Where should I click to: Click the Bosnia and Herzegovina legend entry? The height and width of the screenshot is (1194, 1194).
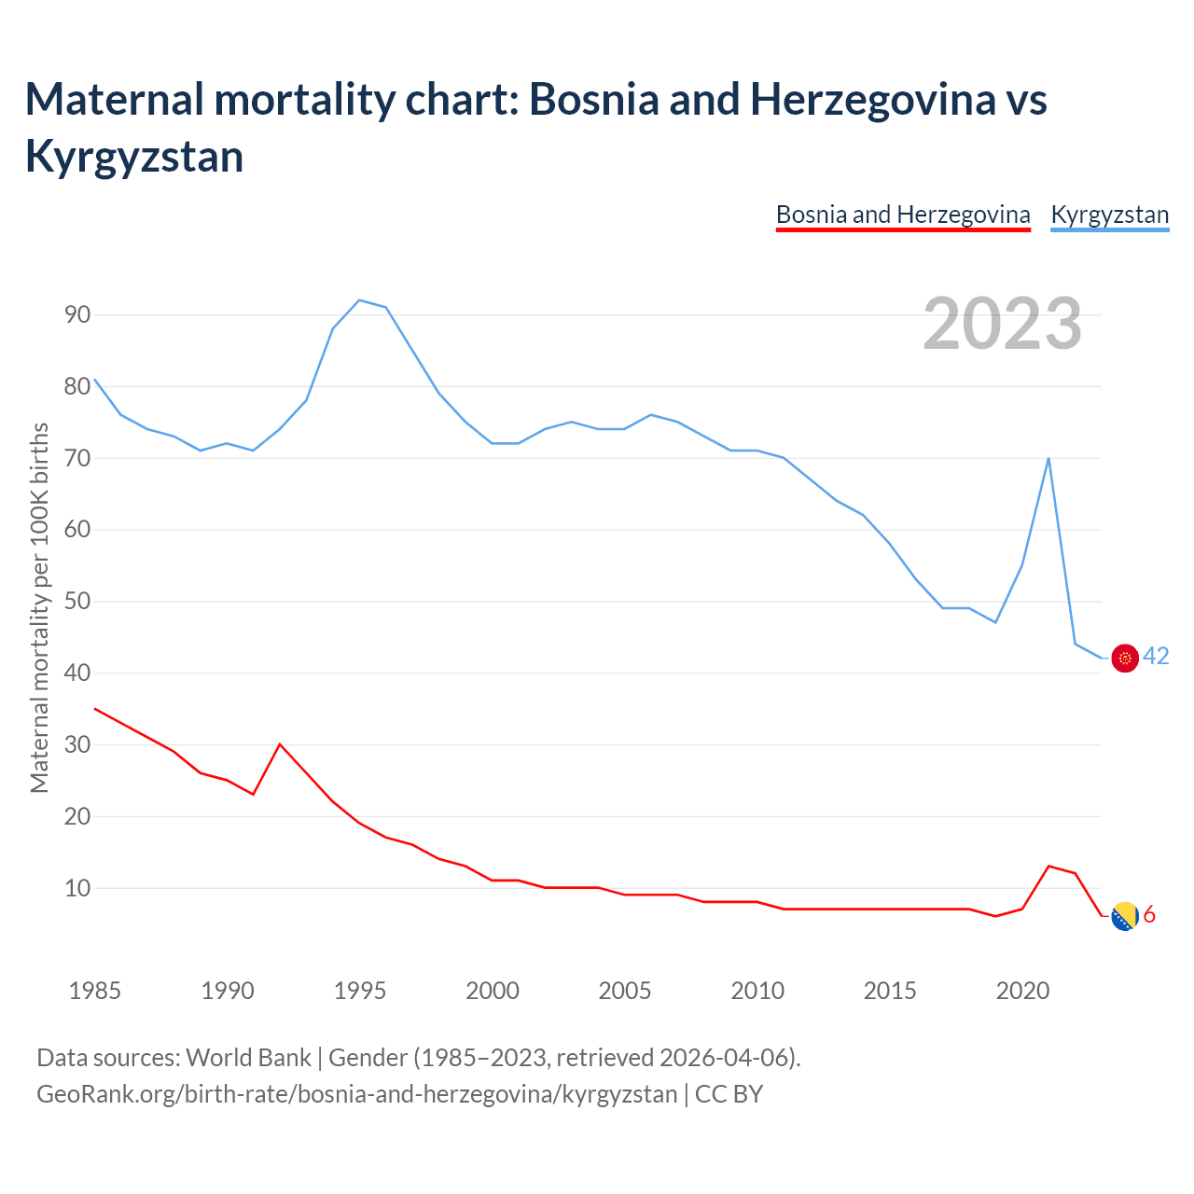click(x=903, y=215)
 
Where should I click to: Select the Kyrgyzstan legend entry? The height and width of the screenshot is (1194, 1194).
click(x=1109, y=215)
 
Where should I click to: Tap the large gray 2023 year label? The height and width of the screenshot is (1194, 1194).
click(x=1002, y=324)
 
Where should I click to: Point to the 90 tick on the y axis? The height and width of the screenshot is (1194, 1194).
click(x=78, y=314)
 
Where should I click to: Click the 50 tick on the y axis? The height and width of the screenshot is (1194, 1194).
click(x=78, y=601)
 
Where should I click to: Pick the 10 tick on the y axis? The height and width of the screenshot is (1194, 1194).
click(x=78, y=888)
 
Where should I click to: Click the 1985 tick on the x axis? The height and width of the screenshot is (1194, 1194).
click(x=95, y=991)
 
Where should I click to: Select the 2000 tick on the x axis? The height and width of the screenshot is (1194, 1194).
click(x=493, y=991)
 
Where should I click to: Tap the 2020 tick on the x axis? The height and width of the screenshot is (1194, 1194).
click(x=1022, y=991)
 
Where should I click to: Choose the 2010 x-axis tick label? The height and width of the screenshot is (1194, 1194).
click(x=757, y=991)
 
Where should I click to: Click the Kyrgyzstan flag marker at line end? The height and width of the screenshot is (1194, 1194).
click(x=1126, y=658)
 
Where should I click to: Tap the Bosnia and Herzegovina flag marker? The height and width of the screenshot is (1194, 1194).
click(x=1126, y=916)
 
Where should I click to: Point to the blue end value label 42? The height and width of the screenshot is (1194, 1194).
click(x=1156, y=657)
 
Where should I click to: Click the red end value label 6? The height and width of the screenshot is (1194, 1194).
click(x=1149, y=915)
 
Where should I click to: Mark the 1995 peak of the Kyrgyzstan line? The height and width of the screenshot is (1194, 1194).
click(x=360, y=300)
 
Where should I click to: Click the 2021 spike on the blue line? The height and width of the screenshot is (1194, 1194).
click(x=1048, y=458)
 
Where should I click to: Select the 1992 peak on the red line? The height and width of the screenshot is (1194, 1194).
click(x=280, y=744)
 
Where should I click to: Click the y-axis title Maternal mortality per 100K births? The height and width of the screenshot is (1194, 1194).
click(x=39, y=607)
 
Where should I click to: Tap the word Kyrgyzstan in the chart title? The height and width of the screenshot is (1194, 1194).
click(x=134, y=156)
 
